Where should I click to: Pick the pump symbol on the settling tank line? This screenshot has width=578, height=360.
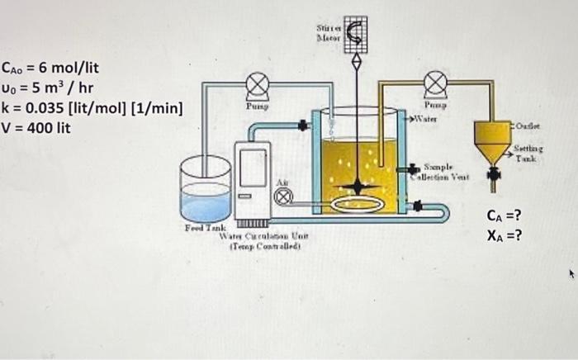(435, 83)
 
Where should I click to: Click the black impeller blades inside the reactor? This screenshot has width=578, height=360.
(357, 187)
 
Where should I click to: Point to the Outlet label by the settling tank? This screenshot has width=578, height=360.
(525, 126)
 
